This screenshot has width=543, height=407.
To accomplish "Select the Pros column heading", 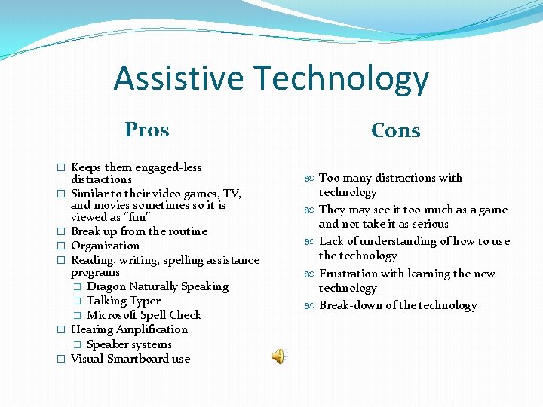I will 147,130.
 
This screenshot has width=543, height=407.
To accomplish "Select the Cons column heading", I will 395,130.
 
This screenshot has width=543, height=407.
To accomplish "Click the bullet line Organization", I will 105,246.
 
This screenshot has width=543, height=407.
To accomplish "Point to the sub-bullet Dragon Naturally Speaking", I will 157,286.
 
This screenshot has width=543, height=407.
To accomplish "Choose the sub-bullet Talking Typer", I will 124,301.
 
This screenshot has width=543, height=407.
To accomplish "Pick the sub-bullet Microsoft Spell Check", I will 143,315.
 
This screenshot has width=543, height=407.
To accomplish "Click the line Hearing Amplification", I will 129,329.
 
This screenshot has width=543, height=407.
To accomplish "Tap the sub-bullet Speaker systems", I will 129,344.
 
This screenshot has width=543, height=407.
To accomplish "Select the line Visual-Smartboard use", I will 130,359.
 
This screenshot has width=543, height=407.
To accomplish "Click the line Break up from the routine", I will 139,231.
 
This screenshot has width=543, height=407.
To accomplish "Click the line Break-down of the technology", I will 397,305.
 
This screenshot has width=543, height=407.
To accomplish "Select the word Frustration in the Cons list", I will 349,274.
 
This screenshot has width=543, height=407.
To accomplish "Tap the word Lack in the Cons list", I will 332,241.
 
